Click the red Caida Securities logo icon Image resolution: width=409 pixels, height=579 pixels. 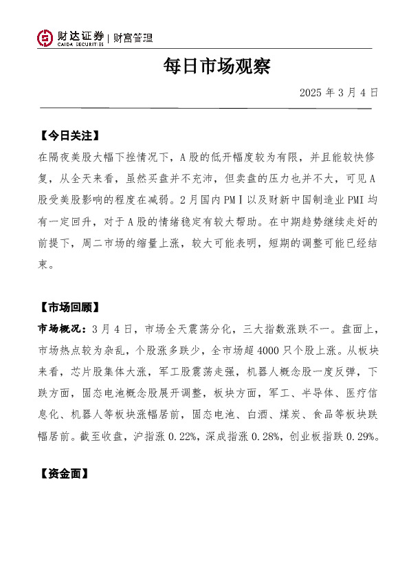45,39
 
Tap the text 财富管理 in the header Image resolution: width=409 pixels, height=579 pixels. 132,39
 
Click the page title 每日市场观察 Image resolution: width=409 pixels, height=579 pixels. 217,67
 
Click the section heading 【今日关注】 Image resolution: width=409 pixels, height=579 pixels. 69,135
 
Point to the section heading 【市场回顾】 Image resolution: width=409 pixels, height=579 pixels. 69,307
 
